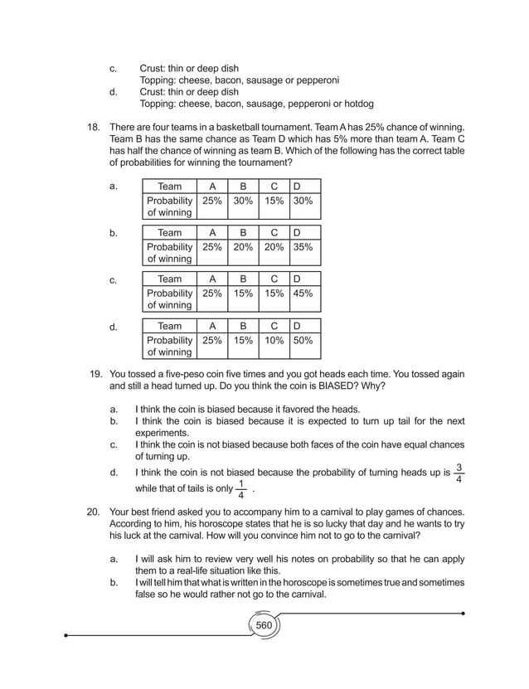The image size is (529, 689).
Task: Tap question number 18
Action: pyautogui.click(x=93, y=126)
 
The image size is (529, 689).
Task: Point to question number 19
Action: pyautogui.click(x=95, y=374)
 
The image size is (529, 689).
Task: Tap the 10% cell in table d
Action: pyautogui.click(x=273, y=340)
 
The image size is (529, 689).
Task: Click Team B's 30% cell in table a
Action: pyautogui.click(x=243, y=201)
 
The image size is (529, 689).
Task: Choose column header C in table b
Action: pyautogui.click(x=273, y=233)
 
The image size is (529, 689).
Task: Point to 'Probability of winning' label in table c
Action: pyautogui.click(x=169, y=299)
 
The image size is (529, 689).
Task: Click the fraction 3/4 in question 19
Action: pyautogui.click(x=459, y=473)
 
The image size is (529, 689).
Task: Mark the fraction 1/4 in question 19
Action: pyautogui.click(x=240, y=490)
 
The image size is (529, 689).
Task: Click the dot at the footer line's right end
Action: pyautogui.click(x=463, y=614)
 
